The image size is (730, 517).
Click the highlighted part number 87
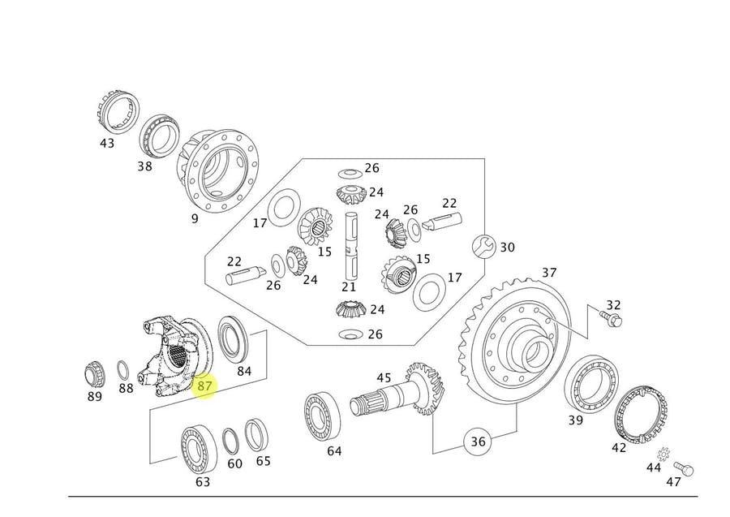point(204,386)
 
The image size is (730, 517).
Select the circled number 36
point(478,442)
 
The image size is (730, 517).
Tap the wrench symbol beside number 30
point(482,245)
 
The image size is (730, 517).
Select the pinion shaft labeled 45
point(397,398)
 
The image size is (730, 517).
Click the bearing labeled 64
point(323,414)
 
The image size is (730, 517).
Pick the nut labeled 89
point(95,374)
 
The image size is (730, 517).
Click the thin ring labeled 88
point(123,370)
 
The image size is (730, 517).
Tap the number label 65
point(264,461)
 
